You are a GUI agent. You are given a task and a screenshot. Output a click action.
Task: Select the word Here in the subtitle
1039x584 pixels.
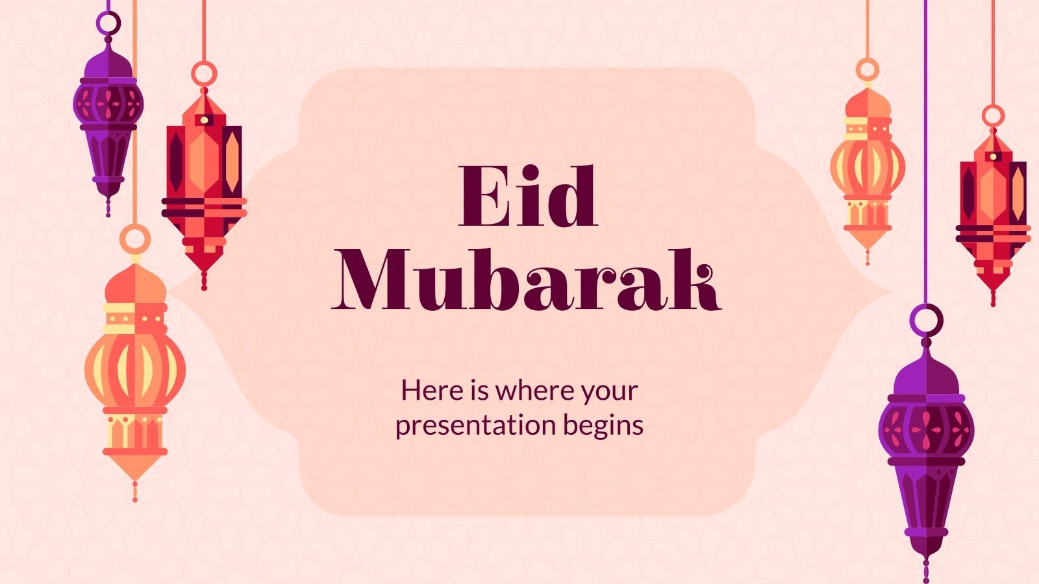pyautogui.click(x=426, y=391)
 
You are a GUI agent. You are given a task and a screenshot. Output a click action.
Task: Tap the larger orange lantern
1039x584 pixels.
pyautogui.click(x=135, y=370)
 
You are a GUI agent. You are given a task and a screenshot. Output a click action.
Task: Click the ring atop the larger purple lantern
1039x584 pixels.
pyautogui.click(x=927, y=318)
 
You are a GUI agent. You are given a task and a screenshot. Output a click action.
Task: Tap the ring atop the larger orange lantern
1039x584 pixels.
pyautogui.click(x=135, y=238)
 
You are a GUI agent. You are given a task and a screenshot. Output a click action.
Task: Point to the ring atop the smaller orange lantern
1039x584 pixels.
pyautogui.click(x=867, y=70)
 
